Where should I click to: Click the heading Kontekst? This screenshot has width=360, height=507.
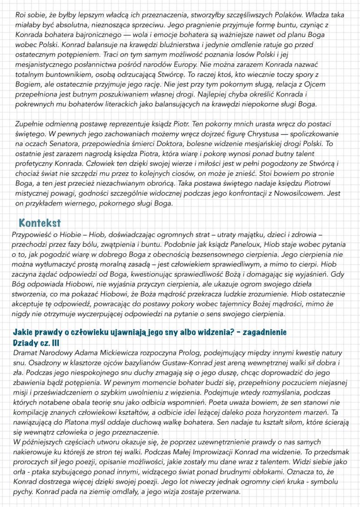[x=40, y=223]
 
